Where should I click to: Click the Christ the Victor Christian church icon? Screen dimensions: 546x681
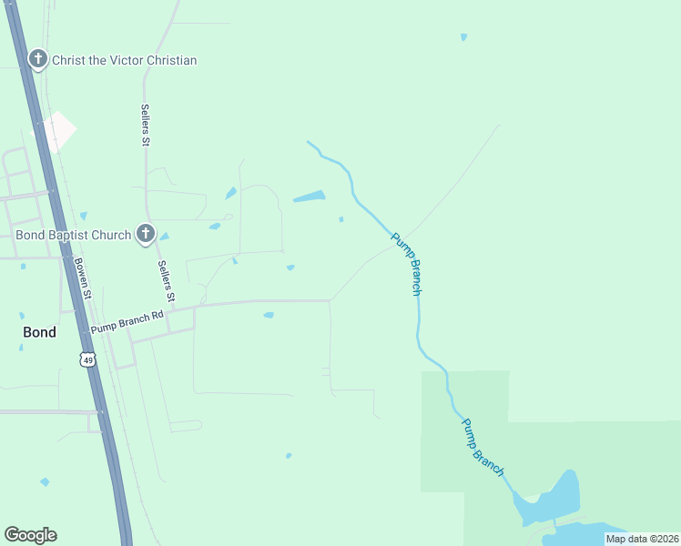38,60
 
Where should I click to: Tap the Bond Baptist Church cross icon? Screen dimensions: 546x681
145,235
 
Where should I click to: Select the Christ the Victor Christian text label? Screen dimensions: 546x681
124,60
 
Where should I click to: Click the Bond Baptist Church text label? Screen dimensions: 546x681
74,235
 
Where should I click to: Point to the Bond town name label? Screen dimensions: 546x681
39,332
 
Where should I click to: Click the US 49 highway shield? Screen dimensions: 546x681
87,359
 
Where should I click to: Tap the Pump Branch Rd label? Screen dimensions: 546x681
127,320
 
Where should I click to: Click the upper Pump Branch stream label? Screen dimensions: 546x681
406,264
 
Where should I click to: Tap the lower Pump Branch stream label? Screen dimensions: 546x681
482,446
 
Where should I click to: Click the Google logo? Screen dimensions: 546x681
30,535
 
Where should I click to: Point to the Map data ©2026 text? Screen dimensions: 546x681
642,539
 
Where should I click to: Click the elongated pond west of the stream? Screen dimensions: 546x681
310,196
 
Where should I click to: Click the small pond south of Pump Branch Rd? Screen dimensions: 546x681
269,316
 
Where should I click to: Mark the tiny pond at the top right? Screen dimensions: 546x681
463,37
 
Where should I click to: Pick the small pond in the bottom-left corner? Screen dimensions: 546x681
45,481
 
